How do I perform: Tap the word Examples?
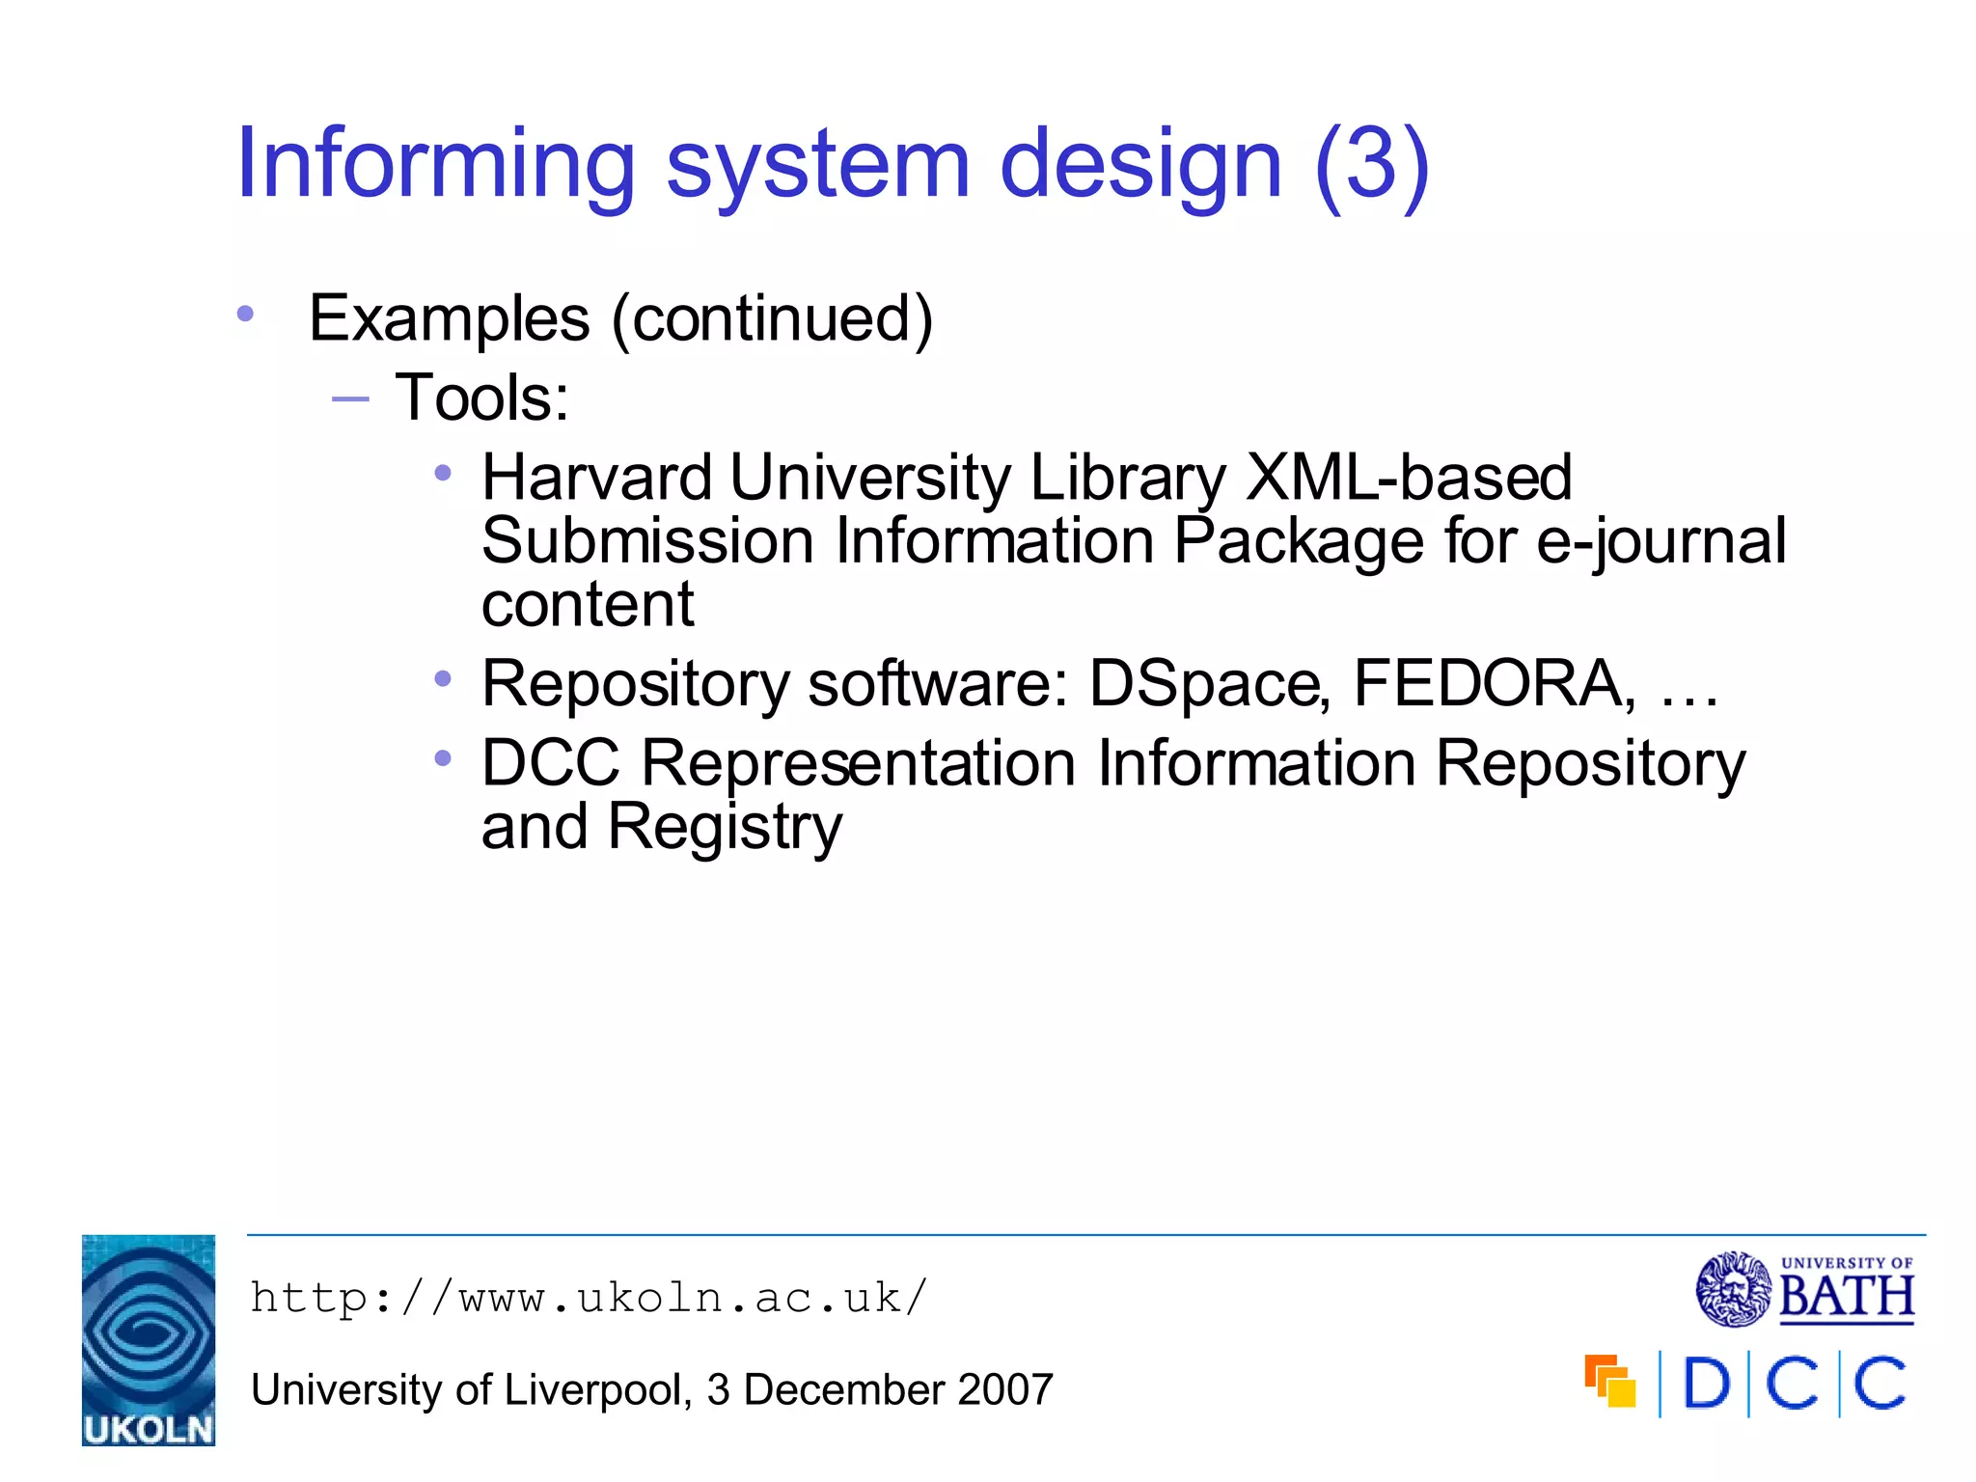pos(449,318)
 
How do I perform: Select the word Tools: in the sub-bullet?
pos(482,398)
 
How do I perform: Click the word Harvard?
pos(596,477)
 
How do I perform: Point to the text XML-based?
pos(1409,477)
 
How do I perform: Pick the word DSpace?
pos(1210,683)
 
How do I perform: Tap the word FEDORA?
pos(1494,683)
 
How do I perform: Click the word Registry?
pos(725,828)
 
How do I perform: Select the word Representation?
pos(859,763)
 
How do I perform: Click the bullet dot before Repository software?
pos(443,679)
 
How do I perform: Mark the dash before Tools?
pos(350,398)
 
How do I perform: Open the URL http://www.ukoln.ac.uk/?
pos(589,1298)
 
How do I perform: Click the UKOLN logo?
pos(149,1340)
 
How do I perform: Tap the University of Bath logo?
pos(1805,1289)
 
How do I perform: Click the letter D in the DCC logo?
pos(1705,1385)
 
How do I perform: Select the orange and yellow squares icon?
pos(1610,1382)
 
